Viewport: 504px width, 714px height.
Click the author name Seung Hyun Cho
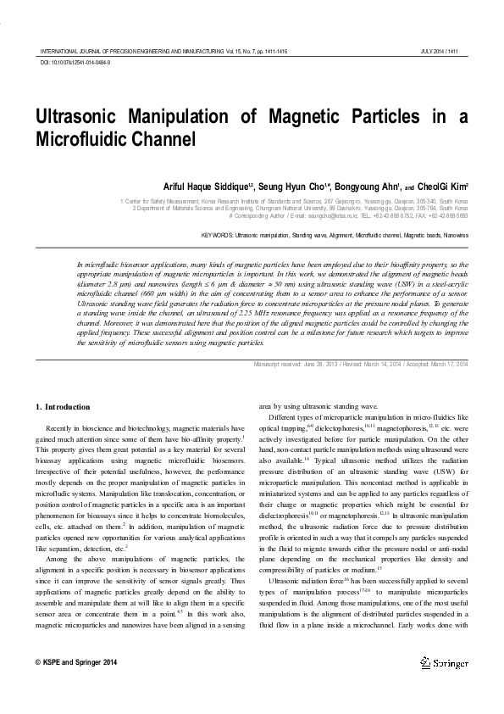tap(293, 187)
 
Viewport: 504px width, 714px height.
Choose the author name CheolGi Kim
tap(441, 187)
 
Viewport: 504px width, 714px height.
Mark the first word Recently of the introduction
tap(62, 429)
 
